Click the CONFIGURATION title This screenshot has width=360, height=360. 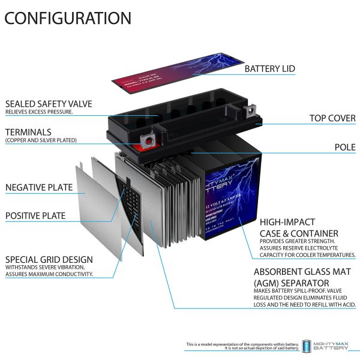click(67, 18)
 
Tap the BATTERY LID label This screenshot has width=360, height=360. click(269, 69)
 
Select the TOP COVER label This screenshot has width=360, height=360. click(332, 118)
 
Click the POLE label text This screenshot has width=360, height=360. click(345, 147)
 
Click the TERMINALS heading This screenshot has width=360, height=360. click(28, 132)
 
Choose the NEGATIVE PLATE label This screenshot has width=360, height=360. click(39, 188)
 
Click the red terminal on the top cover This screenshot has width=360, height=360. click(146, 142)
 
